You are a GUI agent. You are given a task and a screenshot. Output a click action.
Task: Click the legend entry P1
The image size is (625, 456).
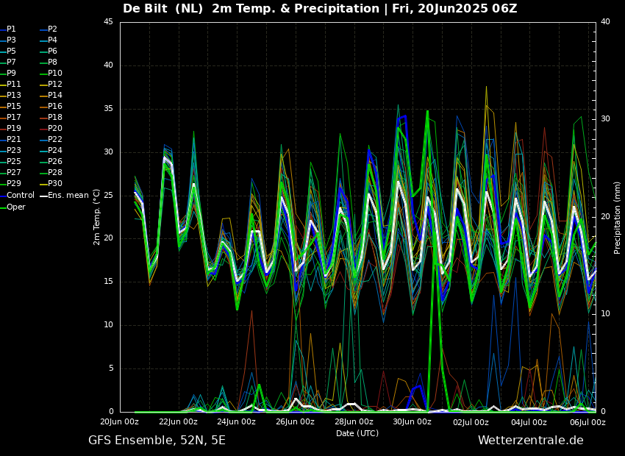pyautogui.click(x=11, y=29)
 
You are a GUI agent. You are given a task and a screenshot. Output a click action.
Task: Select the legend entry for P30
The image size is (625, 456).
pyautogui.click(x=55, y=184)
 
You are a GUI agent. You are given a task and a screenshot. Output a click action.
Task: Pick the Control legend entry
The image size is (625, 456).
pyautogui.click(x=21, y=196)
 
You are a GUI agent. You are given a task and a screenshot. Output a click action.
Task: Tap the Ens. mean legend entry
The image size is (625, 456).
pyautogui.click(x=68, y=196)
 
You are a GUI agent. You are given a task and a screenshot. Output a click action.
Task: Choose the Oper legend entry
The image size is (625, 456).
pyautogui.click(x=16, y=207)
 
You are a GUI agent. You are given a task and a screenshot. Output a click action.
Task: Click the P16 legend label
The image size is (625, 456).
pyautogui.click(x=55, y=107)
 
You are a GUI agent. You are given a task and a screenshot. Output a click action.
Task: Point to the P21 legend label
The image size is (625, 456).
pyautogui.click(x=13, y=140)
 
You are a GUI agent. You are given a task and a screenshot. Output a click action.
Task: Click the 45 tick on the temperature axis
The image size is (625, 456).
pyautogui.click(x=108, y=22)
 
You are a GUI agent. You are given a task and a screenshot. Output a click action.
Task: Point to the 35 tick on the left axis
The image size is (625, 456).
pyautogui.click(x=108, y=109)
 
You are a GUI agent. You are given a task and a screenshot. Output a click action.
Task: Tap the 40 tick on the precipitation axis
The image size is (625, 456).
pyautogui.click(x=605, y=22)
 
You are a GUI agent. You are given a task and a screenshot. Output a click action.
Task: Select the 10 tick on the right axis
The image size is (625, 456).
pyautogui.click(x=605, y=314)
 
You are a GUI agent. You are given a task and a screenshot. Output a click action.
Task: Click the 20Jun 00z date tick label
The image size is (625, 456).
pyautogui.click(x=119, y=422)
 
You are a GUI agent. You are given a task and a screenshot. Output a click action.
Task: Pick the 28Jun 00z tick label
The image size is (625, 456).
pyautogui.click(x=354, y=422)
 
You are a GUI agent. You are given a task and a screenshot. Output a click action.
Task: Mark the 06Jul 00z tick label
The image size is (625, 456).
pyautogui.click(x=587, y=422)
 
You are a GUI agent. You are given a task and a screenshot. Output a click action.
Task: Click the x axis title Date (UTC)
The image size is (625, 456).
pyautogui.click(x=357, y=434)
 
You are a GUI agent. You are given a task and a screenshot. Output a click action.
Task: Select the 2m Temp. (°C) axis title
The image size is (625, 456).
pyautogui.click(x=97, y=216)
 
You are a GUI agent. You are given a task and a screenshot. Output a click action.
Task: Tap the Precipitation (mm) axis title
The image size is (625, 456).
pyautogui.click(x=618, y=217)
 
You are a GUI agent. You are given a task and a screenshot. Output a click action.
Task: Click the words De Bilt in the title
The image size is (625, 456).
pyautogui.click(x=148, y=9)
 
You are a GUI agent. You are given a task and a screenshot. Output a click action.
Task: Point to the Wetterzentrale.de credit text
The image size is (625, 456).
pyautogui.click(x=530, y=441)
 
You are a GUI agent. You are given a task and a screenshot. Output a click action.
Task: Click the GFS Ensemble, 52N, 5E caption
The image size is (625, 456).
pyautogui.click(x=157, y=441)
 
